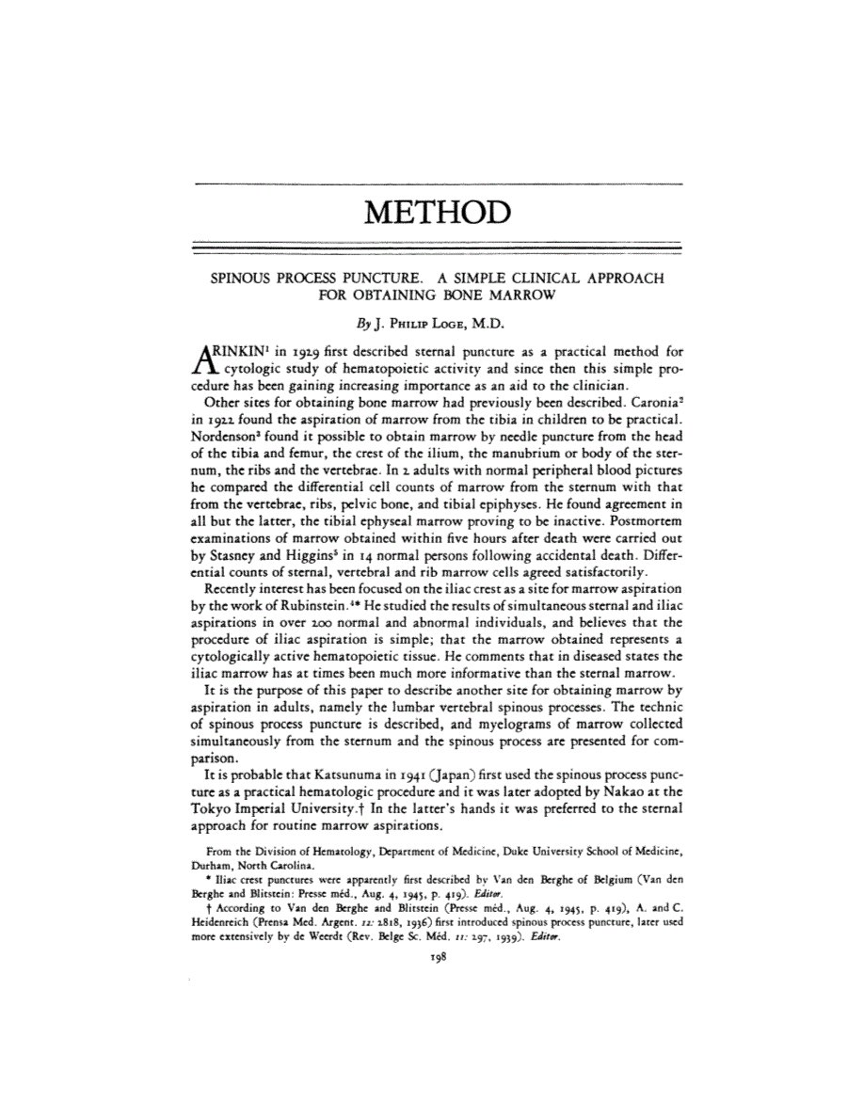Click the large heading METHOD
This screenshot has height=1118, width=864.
point(436,213)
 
